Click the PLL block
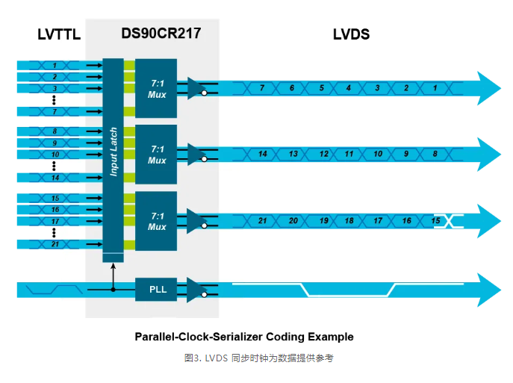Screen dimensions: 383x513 [x=156, y=289]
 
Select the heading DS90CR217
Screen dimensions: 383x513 [x=160, y=34]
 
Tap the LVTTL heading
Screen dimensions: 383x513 [x=58, y=34]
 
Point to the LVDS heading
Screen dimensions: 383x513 [x=351, y=34]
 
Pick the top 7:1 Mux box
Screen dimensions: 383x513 [x=156, y=88]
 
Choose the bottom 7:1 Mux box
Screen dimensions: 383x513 [x=156, y=221]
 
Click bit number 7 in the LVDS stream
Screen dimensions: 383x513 [x=261, y=88]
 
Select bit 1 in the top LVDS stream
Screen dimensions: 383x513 [x=434, y=88]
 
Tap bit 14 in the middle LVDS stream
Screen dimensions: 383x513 [x=263, y=154]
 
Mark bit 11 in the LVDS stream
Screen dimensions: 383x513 [x=349, y=154]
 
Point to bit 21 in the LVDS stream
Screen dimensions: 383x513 [x=263, y=221]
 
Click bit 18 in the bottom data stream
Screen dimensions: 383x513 [x=349, y=221]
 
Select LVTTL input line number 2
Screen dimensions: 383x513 [x=54, y=77]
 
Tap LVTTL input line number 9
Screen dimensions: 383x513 [x=54, y=143]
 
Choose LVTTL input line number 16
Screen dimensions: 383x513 [x=54, y=210]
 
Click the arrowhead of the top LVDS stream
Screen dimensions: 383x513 [x=488, y=88]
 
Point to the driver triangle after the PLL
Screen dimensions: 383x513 [x=196, y=289]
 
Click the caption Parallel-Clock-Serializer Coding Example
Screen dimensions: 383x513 [x=243, y=337]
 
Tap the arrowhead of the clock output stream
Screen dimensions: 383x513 [x=488, y=290]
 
